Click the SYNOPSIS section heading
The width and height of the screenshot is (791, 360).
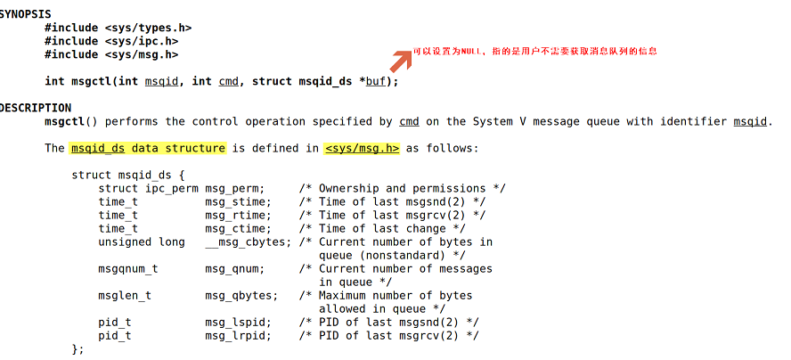point(24,14)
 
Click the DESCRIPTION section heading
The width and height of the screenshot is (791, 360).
point(34,108)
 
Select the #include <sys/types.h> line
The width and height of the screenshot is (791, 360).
point(118,28)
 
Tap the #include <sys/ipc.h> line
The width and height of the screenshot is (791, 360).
point(111,41)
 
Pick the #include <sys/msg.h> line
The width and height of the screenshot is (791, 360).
point(111,54)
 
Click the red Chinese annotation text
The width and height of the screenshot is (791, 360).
point(534,52)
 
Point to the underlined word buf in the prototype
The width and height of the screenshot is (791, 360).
point(375,81)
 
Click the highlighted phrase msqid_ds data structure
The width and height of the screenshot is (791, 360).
point(148,148)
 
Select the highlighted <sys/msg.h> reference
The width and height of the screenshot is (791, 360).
point(362,148)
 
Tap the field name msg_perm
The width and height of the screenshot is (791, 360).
point(234,188)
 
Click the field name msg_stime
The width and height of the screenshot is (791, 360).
point(238,201)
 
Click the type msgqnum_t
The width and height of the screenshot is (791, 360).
point(128,268)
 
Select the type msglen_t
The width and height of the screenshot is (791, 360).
point(125,295)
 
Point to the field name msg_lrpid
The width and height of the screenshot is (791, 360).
point(238,335)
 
